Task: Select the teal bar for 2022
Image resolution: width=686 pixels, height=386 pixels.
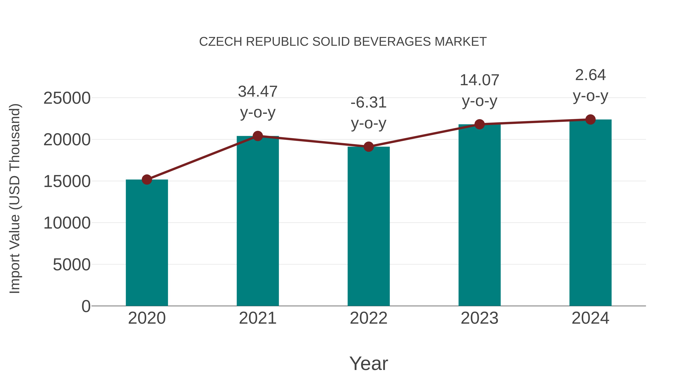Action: tap(369, 226)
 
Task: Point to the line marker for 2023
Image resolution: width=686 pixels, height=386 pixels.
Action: tap(479, 124)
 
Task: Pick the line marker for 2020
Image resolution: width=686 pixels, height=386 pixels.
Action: tap(147, 180)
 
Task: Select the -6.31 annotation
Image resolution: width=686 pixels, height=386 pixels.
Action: tap(369, 103)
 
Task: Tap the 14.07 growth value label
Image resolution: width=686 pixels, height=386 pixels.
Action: tap(479, 80)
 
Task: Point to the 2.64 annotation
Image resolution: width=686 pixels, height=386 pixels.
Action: tap(590, 75)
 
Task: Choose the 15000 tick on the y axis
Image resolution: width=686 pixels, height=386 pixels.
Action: tap(67, 181)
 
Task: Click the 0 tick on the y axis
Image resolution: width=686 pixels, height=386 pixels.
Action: tap(86, 306)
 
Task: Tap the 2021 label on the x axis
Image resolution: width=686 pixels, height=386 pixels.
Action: tap(257, 318)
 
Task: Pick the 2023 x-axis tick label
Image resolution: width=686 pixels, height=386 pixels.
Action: tap(479, 318)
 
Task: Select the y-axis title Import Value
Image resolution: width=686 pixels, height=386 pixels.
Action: tap(15, 198)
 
